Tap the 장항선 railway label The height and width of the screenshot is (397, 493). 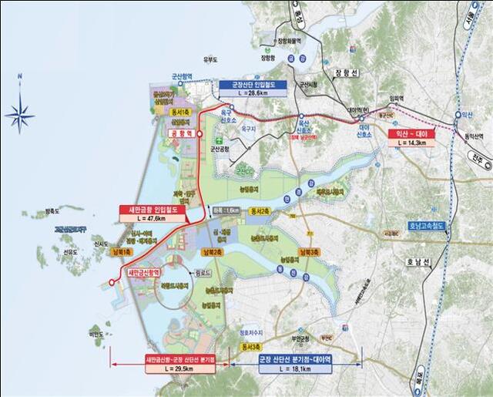[x=342, y=73]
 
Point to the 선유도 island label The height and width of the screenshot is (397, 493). [x=70, y=252]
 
